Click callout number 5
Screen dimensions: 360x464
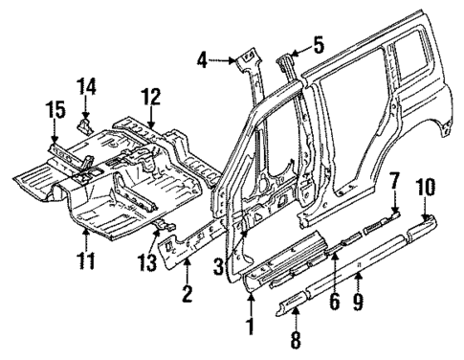click(320, 44)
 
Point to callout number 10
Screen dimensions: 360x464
click(426, 205)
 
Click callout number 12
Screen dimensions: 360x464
click(150, 97)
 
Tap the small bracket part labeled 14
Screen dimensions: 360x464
click(85, 123)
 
